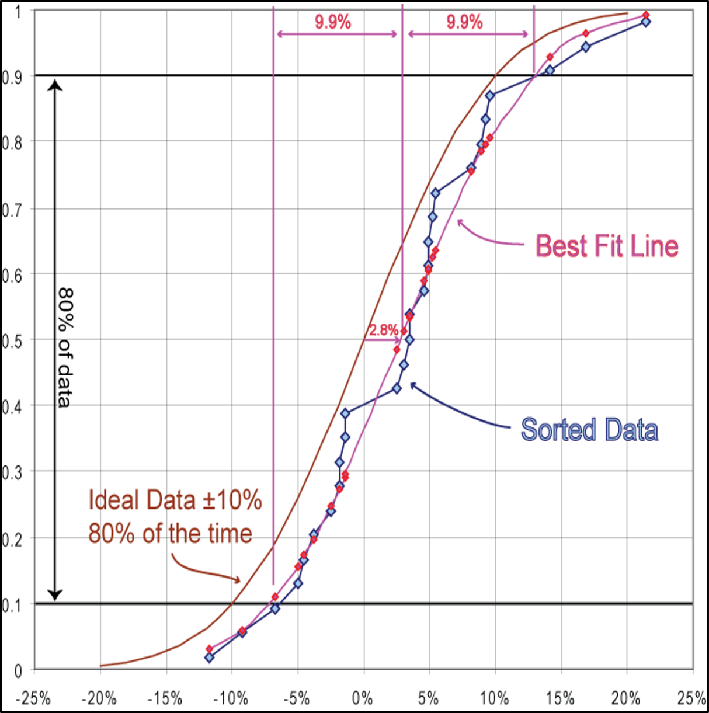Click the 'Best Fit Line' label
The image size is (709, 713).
[x=607, y=246]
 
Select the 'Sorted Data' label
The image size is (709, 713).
[x=589, y=430]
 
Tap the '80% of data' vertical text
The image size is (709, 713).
[x=65, y=347]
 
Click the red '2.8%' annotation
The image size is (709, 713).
[x=383, y=330]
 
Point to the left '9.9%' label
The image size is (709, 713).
[x=333, y=22]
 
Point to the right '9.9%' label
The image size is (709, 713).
[x=465, y=22]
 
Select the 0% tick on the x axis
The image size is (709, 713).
[x=363, y=698]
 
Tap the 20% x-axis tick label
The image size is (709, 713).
[x=626, y=698]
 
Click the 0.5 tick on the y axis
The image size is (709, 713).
[x=12, y=341]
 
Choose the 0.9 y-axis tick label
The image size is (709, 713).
[x=12, y=77]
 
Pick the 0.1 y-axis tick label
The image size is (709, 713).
[x=12, y=605]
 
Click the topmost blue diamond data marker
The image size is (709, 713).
[x=645, y=22]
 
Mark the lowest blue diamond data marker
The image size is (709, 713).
[x=209, y=658]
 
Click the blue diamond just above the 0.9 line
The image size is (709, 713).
[x=550, y=70]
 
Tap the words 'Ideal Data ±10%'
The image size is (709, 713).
[x=175, y=500]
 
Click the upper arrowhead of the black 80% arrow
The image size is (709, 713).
[x=54, y=85]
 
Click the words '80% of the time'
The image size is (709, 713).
[x=170, y=533]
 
